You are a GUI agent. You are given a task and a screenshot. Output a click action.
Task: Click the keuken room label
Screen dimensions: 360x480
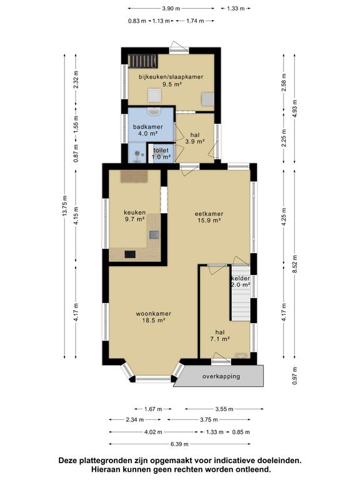[x=135, y=216]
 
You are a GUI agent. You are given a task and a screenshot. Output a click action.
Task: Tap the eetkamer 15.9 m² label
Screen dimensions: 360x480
[x=209, y=217]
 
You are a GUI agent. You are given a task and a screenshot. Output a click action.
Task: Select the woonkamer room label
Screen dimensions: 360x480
[x=153, y=317]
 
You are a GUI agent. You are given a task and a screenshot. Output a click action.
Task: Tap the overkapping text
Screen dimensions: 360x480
[x=221, y=376]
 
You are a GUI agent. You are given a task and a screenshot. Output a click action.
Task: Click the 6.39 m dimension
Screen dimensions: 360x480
[x=179, y=444]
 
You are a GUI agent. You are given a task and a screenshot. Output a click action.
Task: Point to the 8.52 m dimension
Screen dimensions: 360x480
[x=295, y=264]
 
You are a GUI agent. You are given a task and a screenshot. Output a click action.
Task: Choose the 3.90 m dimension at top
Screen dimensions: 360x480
[x=171, y=9]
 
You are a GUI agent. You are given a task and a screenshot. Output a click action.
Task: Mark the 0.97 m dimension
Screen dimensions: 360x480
[x=295, y=375]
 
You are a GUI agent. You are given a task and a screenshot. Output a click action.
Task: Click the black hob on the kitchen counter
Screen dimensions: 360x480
[x=130, y=254]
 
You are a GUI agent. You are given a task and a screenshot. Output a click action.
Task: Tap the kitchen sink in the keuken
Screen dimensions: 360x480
[x=154, y=235]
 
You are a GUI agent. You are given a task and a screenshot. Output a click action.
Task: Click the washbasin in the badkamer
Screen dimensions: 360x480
[x=153, y=111]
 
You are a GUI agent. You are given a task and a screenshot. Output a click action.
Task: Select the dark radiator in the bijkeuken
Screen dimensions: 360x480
[x=142, y=61]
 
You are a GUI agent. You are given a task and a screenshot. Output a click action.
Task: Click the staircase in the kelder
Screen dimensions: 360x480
[x=241, y=293]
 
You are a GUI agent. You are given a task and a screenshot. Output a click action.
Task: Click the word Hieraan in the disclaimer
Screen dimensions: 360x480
[x=106, y=469]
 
